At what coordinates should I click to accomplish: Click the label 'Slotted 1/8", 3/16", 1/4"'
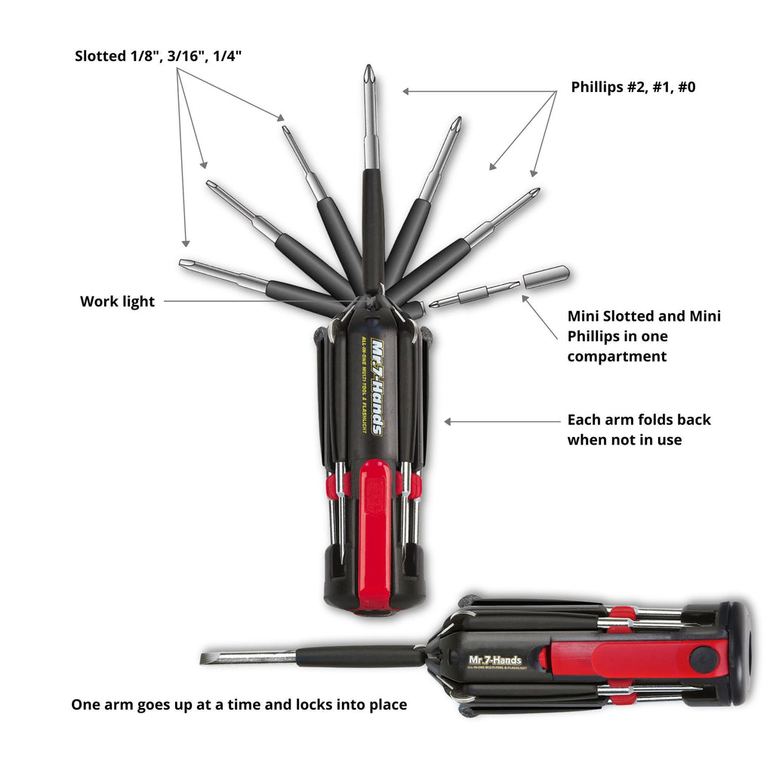click(159, 57)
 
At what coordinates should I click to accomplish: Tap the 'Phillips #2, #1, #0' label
click(633, 87)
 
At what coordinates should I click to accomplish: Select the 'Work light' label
click(117, 302)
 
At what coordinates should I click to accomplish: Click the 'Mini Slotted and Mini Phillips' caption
click(643, 336)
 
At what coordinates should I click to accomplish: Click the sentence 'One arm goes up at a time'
click(239, 705)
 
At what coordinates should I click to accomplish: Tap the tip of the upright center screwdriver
click(368, 74)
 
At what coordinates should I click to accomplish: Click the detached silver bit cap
click(546, 276)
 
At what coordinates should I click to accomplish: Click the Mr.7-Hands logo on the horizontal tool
click(494, 660)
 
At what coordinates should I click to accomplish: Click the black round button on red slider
click(704, 659)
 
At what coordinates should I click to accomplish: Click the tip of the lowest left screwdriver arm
click(186, 263)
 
